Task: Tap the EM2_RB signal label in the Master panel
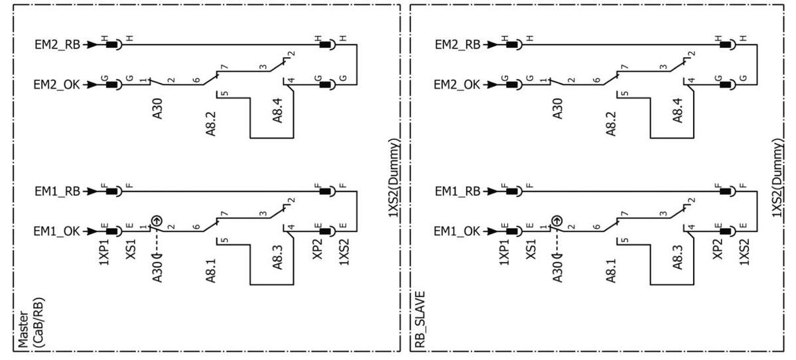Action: pyautogui.click(x=58, y=45)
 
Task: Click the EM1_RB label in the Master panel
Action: pyautogui.click(x=58, y=191)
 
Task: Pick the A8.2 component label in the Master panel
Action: pyautogui.click(x=211, y=121)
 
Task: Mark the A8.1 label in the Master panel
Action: pyautogui.click(x=211, y=267)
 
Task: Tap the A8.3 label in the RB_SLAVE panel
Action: pyautogui.click(x=678, y=255)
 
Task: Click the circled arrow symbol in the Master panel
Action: pyautogui.click(x=157, y=219)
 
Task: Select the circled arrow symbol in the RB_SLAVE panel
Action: pyautogui.click(x=557, y=219)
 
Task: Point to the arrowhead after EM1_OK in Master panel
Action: pyautogui.click(x=93, y=231)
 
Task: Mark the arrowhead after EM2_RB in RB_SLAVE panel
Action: pyautogui.click(x=493, y=45)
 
